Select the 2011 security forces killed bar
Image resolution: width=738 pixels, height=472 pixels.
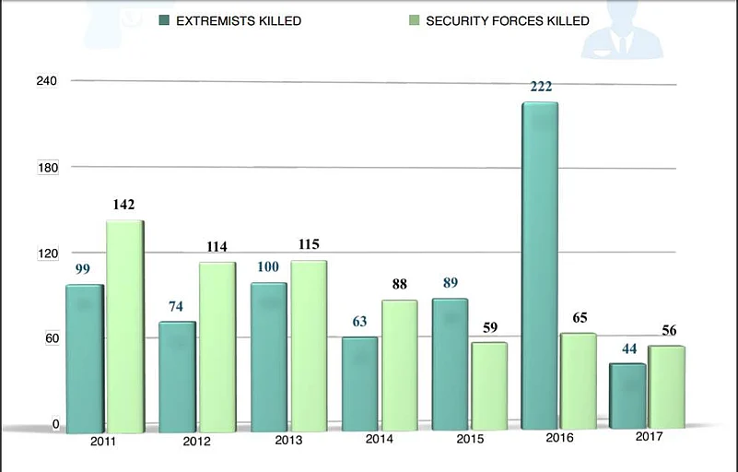pyautogui.click(x=124, y=326)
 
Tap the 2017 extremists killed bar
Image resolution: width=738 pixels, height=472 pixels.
pyautogui.click(x=627, y=395)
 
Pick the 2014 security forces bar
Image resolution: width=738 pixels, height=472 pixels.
pyautogui.click(x=399, y=365)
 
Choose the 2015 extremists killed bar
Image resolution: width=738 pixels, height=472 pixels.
pyautogui.click(x=450, y=364)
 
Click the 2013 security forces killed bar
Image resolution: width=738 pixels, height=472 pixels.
pyautogui.click(x=308, y=346)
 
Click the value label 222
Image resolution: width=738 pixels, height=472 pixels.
pyautogui.click(x=541, y=87)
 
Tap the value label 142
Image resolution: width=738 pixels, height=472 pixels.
pyautogui.click(x=124, y=206)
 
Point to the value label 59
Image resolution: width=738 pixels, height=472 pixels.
pyautogui.click(x=489, y=326)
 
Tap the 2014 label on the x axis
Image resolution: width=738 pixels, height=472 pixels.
pyautogui.click(x=379, y=439)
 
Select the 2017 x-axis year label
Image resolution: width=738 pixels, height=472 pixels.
pyautogui.click(x=650, y=436)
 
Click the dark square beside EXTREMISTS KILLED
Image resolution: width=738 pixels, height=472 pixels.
pyautogui.click(x=165, y=20)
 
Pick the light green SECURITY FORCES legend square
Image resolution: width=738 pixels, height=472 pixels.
pyautogui.click(x=412, y=20)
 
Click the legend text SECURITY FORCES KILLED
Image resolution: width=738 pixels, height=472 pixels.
pyautogui.click(x=507, y=20)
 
